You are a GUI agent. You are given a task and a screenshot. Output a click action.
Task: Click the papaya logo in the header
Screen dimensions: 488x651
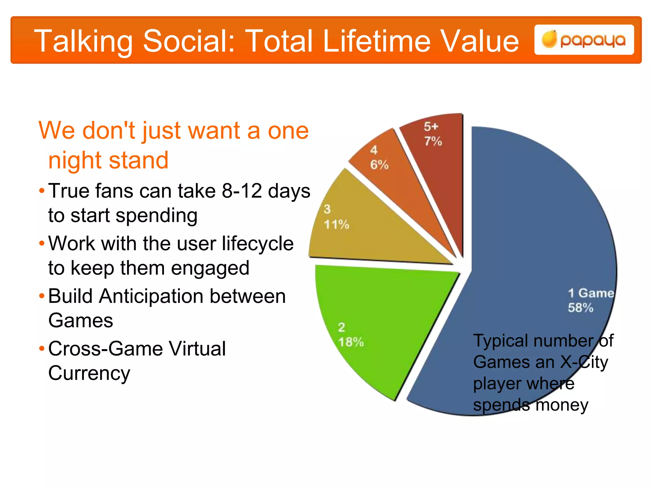pyautogui.click(x=584, y=40)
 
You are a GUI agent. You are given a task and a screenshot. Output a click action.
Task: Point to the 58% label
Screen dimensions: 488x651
pyautogui.click(x=580, y=308)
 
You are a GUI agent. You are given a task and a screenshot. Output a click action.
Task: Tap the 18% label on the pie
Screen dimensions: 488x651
pyautogui.click(x=351, y=342)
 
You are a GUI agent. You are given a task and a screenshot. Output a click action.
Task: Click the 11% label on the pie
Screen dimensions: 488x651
pyautogui.click(x=336, y=225)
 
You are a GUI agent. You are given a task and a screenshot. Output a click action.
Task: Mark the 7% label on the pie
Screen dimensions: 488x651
pyautogui.click(x=433, y=141)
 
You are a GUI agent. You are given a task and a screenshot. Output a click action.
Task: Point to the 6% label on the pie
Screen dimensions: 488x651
pyautogui.click(x=379, y=165)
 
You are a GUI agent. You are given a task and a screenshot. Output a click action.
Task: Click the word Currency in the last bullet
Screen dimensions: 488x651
pyautogui.click(x=89, y=373)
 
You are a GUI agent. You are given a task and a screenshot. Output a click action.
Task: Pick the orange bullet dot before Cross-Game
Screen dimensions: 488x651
pyautogui.click(x=42, y=349)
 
